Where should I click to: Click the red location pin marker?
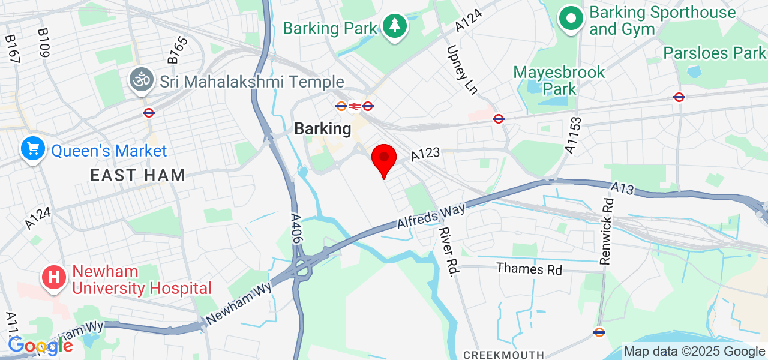click(384, 158)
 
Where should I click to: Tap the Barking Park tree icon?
click(394, 26)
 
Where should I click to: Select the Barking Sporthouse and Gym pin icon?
click(571, 19)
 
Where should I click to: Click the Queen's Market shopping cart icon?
click(34, 148)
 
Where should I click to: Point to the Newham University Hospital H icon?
click(54, 278)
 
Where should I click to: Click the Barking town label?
click(322, 129)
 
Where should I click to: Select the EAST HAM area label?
click(138, 176)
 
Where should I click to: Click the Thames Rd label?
click(529, 269)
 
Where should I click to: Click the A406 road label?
click(296, 229)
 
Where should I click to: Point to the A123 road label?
click(425, 155)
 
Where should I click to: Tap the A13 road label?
click(623, 188)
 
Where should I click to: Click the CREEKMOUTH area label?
click(504, 355)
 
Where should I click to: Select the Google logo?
click(40, 346)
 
